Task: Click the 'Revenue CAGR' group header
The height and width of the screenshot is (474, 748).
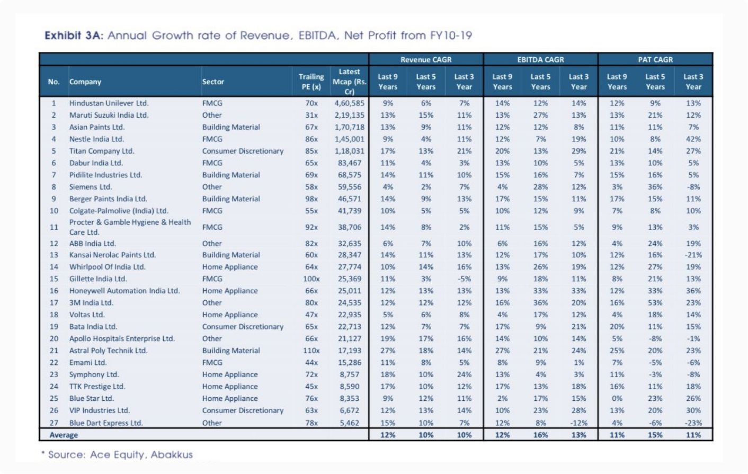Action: [426, 60]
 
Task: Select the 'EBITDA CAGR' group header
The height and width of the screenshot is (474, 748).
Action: [540, 60]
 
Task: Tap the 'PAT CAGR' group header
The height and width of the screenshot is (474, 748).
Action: [655, 60]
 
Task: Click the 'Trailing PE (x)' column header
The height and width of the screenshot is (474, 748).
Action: [311, 82]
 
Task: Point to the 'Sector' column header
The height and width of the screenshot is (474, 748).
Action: [213, 82]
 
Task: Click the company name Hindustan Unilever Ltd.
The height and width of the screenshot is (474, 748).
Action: [109, 103]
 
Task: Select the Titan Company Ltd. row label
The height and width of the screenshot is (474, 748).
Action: [102, 151]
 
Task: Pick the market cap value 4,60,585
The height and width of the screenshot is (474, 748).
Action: [349, 103]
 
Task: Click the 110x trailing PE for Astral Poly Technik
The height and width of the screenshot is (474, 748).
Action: [311, 351]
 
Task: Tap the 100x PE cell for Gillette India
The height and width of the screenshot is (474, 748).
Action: [311, 279]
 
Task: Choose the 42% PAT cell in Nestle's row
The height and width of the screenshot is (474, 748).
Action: [693, 139]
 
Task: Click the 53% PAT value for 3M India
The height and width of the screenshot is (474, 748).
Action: [655, 303]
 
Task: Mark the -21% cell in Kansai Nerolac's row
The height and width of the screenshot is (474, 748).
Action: [693, 255]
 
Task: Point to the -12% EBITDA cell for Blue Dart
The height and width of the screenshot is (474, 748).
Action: [578, 423]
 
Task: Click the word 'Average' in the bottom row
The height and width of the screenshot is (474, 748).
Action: [64, 435]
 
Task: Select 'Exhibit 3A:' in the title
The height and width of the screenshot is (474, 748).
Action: [74, 35]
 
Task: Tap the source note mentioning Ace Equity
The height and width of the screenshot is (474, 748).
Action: [117, 454]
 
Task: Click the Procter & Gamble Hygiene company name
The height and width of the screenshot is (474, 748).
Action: [130, 227]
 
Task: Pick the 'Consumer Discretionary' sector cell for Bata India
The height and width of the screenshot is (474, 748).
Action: [243, 326]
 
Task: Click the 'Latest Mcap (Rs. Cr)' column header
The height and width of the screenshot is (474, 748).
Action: [349, 82]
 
